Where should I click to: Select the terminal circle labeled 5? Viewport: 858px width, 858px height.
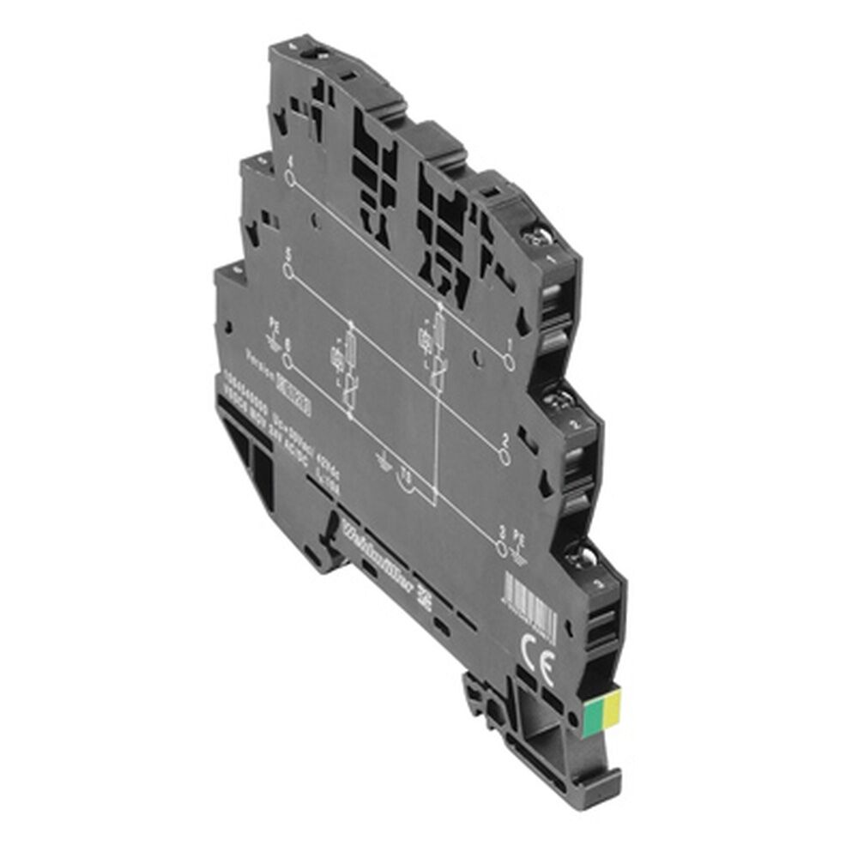(289, 269)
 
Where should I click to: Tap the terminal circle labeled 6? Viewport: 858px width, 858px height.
(288, 361)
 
